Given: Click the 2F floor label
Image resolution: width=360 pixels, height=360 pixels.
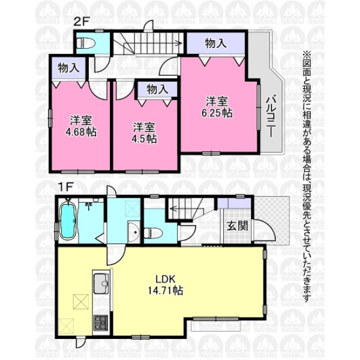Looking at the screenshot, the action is tap(81, 23).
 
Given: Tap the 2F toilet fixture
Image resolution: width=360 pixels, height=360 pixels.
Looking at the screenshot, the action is tap(85, 43).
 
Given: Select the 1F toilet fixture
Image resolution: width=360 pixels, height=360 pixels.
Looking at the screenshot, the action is tap(154, 233).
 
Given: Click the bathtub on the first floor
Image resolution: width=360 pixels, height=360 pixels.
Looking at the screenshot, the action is tap(68, 221).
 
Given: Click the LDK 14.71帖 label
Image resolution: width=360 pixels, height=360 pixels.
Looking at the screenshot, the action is tap(166, 285).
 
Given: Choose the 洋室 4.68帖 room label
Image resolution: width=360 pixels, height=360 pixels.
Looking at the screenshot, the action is tap(81, 127).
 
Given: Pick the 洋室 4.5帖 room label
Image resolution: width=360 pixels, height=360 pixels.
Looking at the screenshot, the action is tap(144, 133).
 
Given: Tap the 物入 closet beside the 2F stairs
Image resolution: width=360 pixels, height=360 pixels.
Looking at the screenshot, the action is tap(216, 43).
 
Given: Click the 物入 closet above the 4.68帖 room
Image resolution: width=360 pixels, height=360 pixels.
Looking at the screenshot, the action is tap(68, 68).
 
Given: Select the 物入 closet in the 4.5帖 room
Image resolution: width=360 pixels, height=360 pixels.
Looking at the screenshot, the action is tap(157, 89).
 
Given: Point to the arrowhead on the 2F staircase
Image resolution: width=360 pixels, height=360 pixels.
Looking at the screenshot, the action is tap(179, 43).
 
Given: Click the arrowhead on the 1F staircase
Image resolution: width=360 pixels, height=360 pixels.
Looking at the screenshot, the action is tap(173, 209).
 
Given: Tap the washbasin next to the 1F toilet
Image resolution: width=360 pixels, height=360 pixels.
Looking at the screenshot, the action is tap(134, 232).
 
